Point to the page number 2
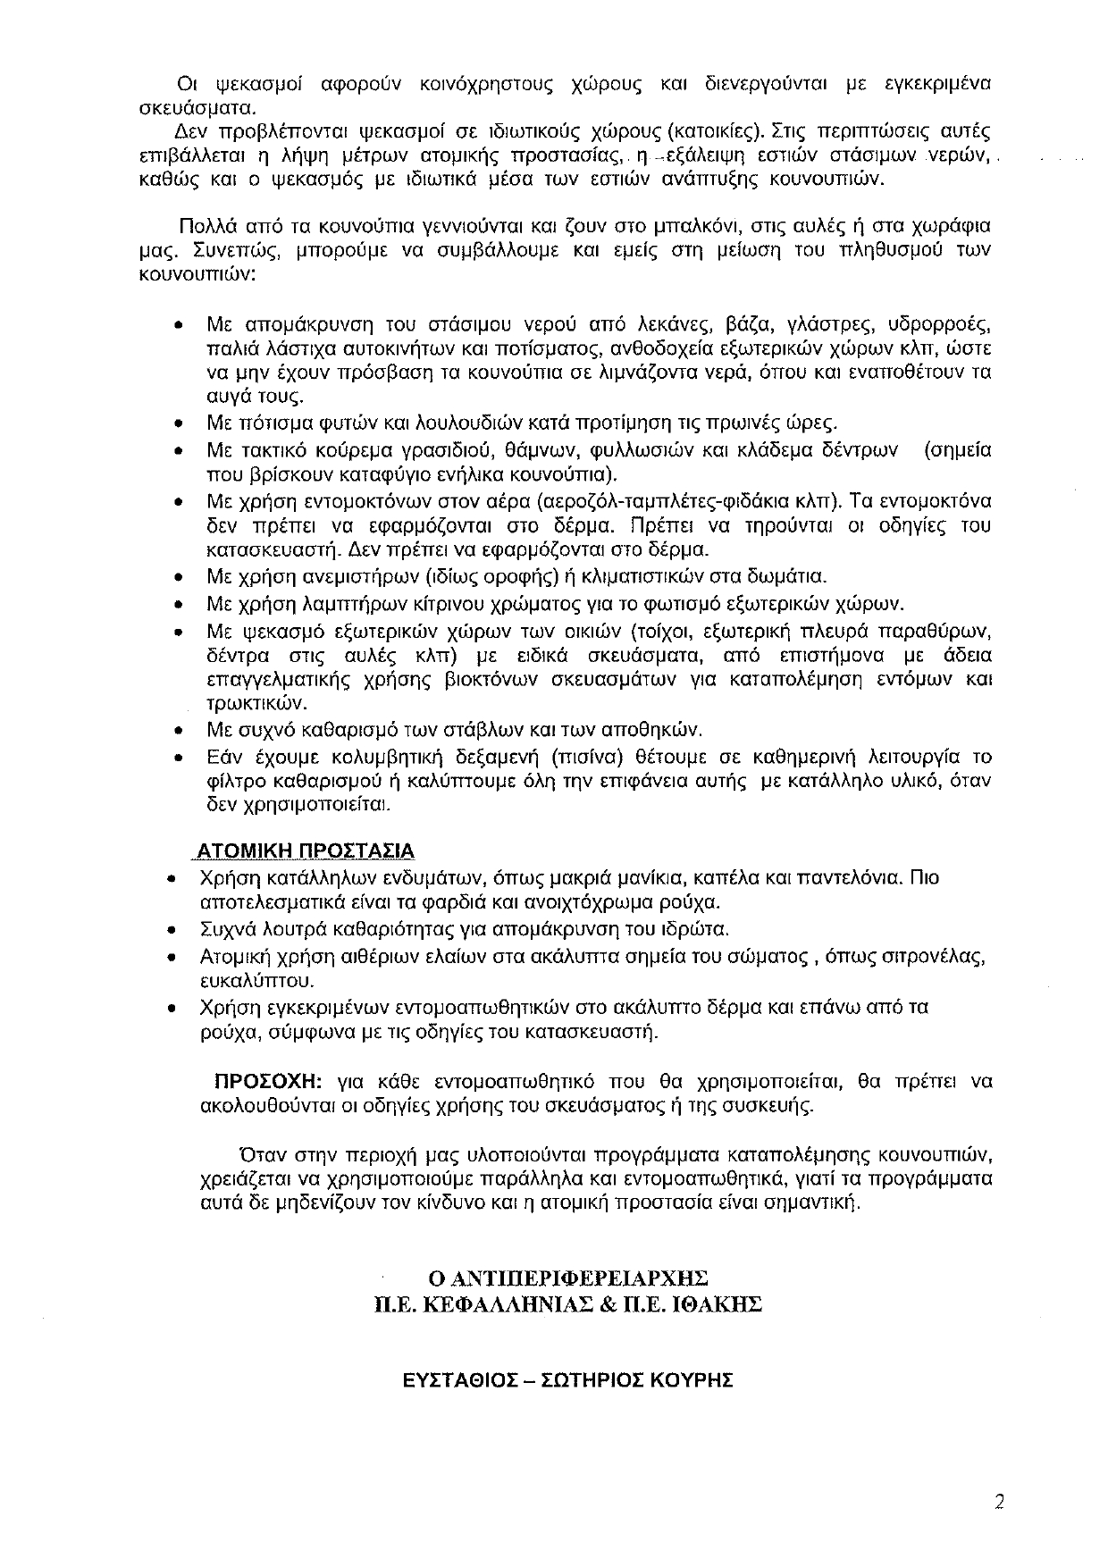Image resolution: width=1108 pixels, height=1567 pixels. pyautogui.click(x=1000, y=1502)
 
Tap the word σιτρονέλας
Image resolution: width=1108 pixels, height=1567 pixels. pyautogui.click(x=938, y=956)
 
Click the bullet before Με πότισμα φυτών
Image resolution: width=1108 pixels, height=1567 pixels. pyautogui.click(x=180, y=423)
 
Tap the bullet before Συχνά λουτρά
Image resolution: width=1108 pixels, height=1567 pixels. pyautogui.click(x=172, y=931)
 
